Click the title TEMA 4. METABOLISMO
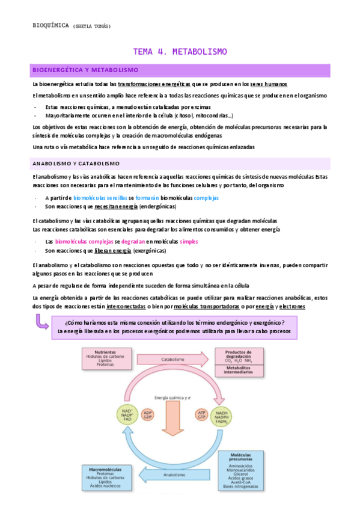click(180, 52)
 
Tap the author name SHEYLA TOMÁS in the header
click(92, 26)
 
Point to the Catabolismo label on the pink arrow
click(172, 360)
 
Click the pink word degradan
click(133, 241)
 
